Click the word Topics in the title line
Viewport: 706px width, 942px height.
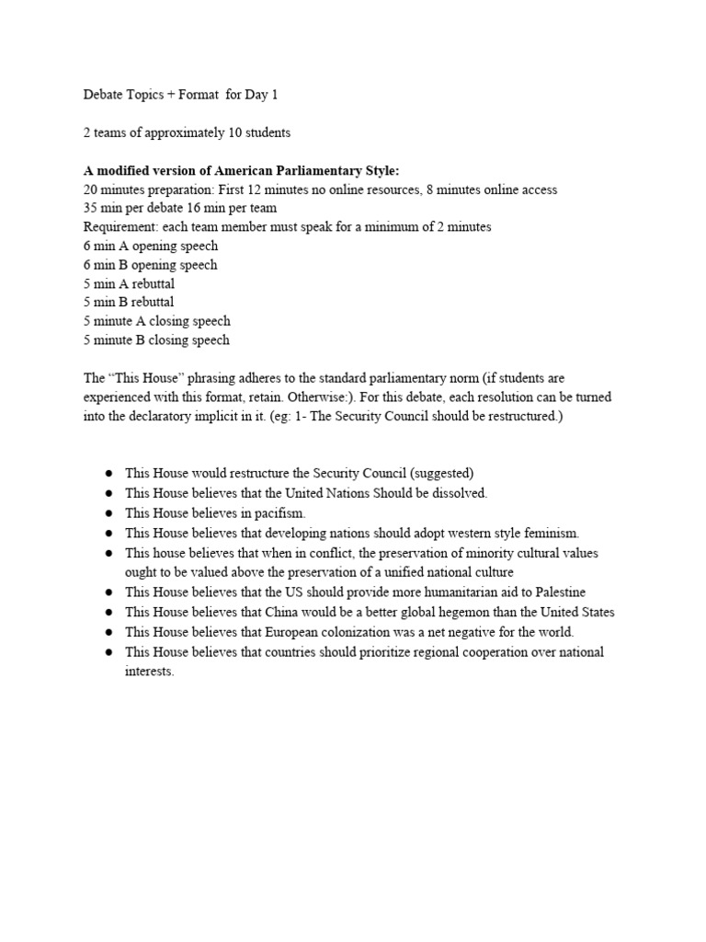coord(146,95)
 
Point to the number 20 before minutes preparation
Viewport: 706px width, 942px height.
coord(90,190)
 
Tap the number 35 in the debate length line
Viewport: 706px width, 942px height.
coord(90,208)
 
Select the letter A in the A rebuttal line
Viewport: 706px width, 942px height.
coord(120,283)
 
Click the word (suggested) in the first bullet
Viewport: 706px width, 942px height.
coord(444,474)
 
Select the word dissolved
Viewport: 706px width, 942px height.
coord(455,493)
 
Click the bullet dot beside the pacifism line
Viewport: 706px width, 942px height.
coord(108,513)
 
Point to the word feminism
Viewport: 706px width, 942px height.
coord(550,533)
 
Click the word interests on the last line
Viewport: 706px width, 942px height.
coord(148,672)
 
